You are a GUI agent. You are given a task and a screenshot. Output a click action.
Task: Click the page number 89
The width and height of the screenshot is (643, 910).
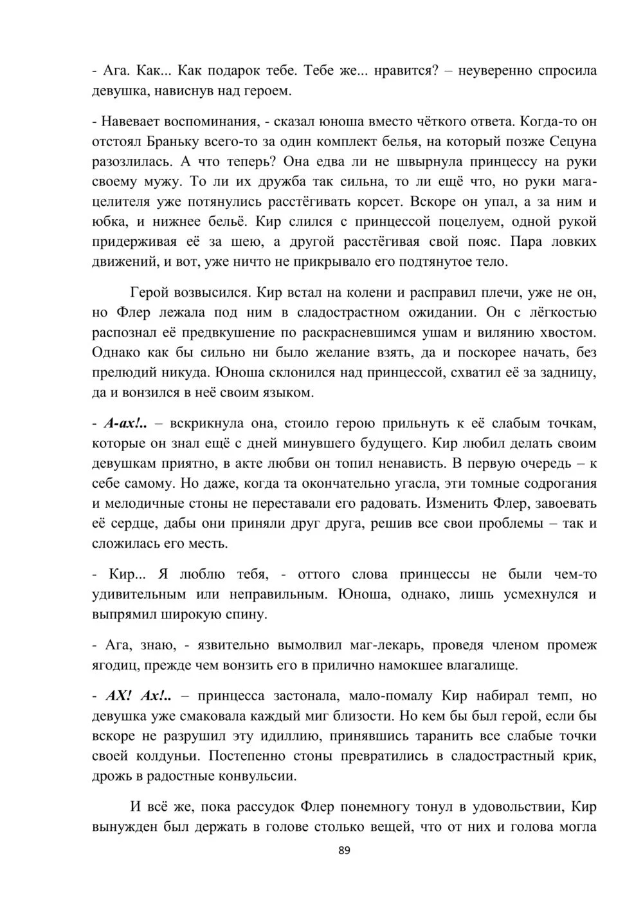pos(343,851)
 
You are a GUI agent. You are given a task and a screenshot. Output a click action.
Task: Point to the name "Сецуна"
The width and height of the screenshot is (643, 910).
pos(574,141)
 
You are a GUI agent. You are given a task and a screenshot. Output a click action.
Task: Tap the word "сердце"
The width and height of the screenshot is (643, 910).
pos(131,523)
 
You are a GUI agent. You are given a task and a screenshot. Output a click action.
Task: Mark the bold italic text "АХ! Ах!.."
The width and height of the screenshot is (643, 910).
pos(138,696)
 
